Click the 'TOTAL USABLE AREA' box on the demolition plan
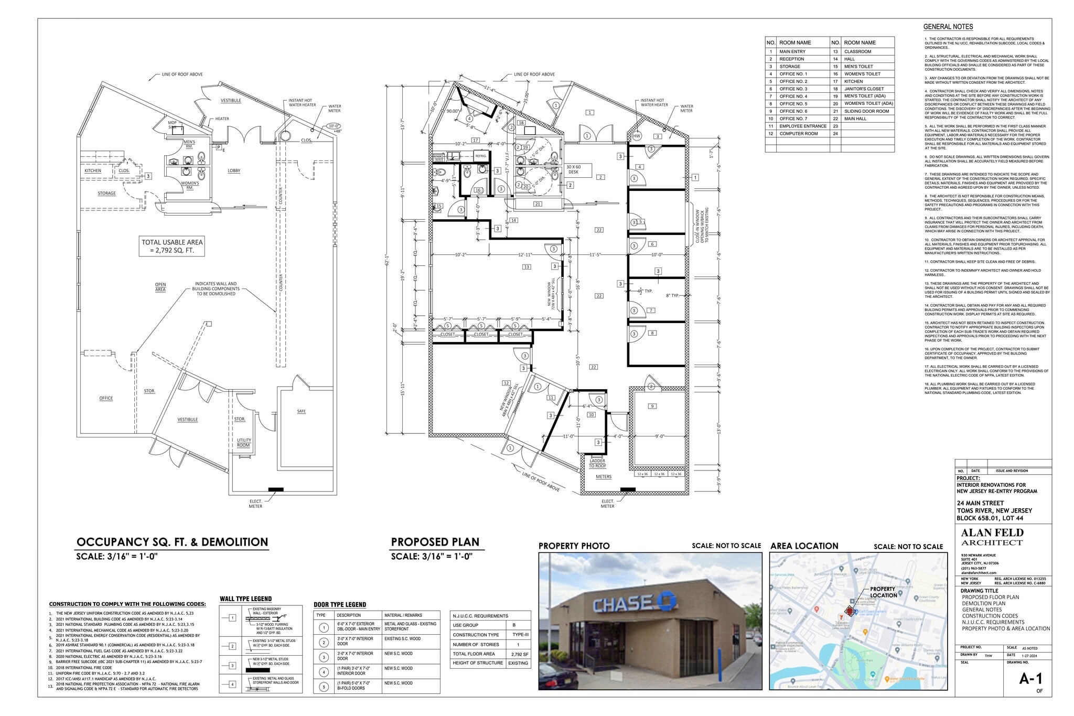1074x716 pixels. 172,246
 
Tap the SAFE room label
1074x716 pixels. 301,411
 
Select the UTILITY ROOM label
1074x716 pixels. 244,443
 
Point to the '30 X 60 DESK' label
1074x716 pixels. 573,169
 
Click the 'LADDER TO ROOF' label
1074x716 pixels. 597,463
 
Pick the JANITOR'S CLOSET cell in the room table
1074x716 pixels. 864,89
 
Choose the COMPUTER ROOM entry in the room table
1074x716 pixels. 798,134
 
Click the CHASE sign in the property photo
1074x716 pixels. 635,604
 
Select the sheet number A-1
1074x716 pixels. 1030,679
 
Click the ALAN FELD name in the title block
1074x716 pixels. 992,533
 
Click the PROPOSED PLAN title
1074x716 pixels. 435,542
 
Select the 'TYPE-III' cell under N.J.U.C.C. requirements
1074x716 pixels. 520,635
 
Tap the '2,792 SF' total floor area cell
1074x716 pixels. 520,654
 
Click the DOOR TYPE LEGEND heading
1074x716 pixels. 340,605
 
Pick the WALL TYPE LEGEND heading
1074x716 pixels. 245,599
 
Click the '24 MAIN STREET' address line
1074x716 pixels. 980,503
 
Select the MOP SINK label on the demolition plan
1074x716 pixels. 173,125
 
